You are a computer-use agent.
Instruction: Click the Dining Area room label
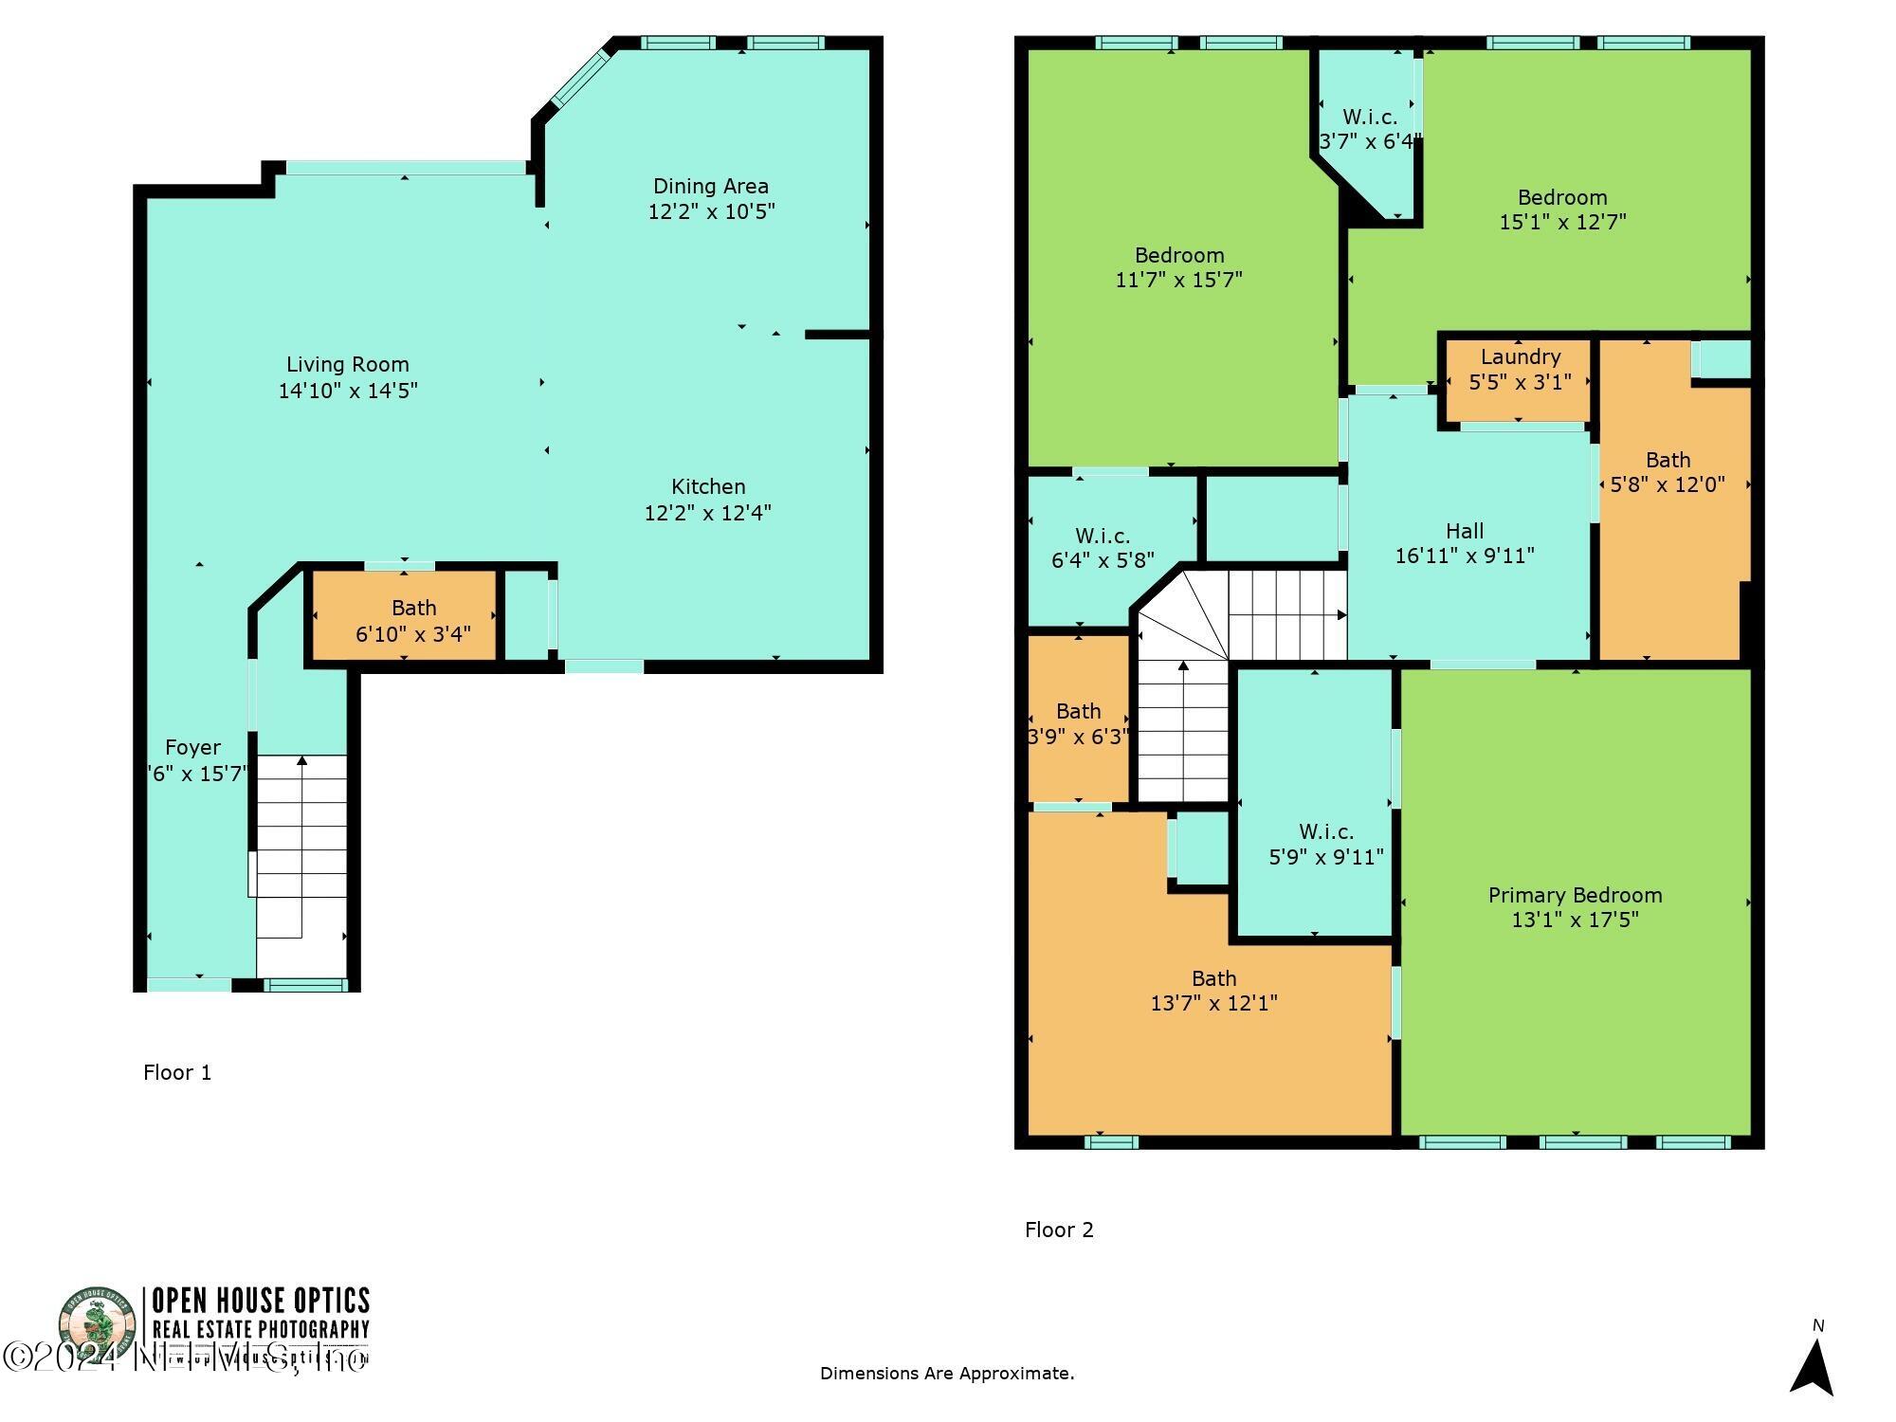pyautogui.click(x=710, y=187)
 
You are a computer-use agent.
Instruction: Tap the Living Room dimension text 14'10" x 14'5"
pyautogui.click(x=348, y=391)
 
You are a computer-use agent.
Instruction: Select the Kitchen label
pyautogui.click(x=708, y=487)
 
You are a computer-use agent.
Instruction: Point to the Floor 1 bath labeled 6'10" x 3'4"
pyautogui.click(x=413, y=621)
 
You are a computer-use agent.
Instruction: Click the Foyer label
pyautogui.click(x=192, y=748)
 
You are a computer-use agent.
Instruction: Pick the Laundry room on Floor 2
pyautogui.click(x=1520, y=370)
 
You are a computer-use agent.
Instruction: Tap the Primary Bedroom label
pyautogui.click(x=1575, y=896)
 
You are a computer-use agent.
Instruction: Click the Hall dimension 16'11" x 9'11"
pyautogui.click(x=1465, y=556)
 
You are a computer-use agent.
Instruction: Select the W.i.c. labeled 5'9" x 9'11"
pyautogui.click(x=1325, y=844)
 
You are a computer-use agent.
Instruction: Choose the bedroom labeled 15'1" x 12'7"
pyautogui.click(x=1562, y=210)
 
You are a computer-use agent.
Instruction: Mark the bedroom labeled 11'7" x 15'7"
pyautogui.click(x=1179, y=267)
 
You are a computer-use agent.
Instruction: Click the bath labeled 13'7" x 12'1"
pyautogui.click(x=1213, y=991)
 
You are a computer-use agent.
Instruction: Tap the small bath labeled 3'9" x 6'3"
pyautogui.click(x=1079, y=723)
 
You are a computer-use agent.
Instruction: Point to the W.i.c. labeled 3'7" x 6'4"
pyautogui.click(x=1370, y=129)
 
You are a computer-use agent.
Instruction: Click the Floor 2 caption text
pyautogui.click(x=1059, y=1231)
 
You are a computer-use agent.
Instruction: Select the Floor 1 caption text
pyautogui.click(x=177, y=1073)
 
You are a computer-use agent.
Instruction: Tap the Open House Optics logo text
pyautogui.click(x=261, y=1300)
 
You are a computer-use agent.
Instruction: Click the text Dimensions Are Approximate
pyautogui.click(x=947, y=1374)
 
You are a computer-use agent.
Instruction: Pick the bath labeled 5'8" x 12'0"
pyautogui.click(x=1668, y=472)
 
